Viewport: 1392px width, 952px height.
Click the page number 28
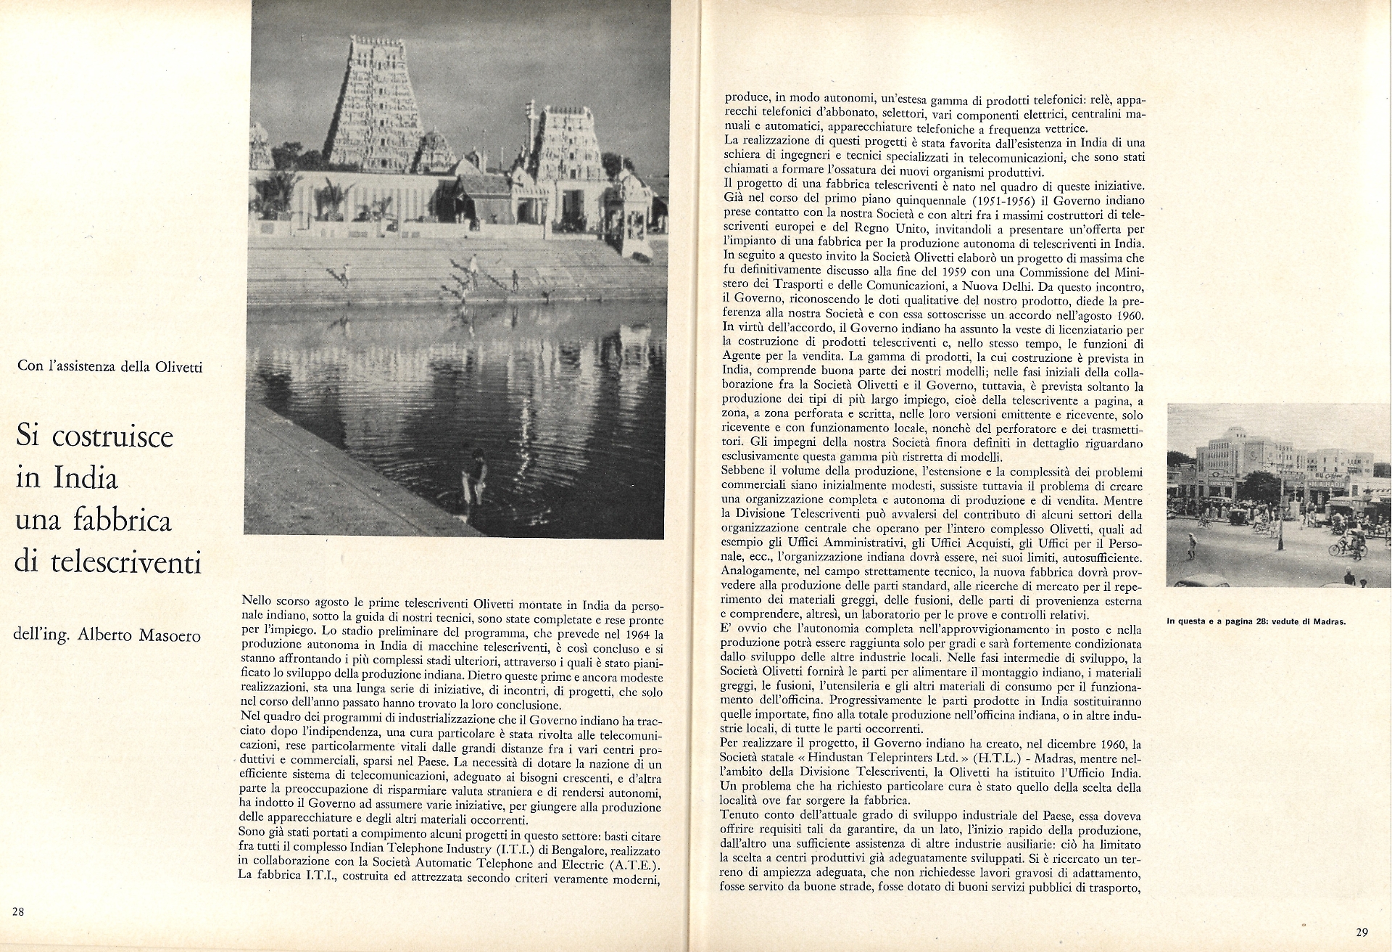tap(18, 911)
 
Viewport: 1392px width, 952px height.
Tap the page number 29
tap(1361, 932)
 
